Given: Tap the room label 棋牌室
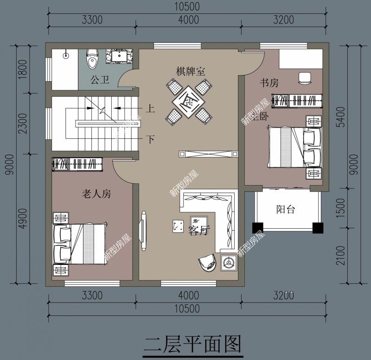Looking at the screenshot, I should click(x=190, y=71).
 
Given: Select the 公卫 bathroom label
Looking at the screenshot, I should click(x=100, y=80).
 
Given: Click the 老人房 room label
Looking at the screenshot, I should click(x=96, y=193).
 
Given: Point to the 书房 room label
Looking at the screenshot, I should click(x=269, y=83).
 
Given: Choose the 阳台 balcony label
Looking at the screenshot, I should click(x=286, y=209).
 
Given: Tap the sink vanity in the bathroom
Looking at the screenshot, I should click(x=120, y=56).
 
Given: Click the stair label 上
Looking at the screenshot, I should click(x=150, y=109).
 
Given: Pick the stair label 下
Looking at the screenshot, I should click(x=150, y=139).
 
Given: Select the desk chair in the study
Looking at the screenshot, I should click(x=305, y=77).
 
